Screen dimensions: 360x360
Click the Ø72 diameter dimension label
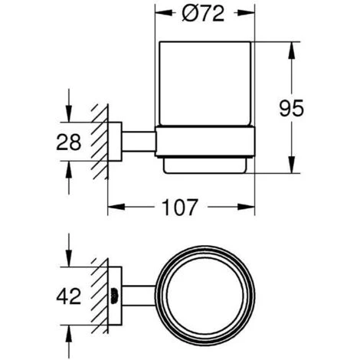tap(203, 14)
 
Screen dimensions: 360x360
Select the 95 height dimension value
tap(291, 108)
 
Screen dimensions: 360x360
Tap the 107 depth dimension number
tap(180, 207)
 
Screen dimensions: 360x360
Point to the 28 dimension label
tap(69, 142)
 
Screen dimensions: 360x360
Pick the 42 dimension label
tap(69, 296)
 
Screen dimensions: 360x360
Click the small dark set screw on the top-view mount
tap(113, 296)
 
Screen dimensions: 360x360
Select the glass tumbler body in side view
tap(205, 83)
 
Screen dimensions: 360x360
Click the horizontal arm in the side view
tap(139, 142)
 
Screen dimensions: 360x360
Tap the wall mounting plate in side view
tap(115, 142)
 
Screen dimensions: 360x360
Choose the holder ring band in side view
tap(205, 141)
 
